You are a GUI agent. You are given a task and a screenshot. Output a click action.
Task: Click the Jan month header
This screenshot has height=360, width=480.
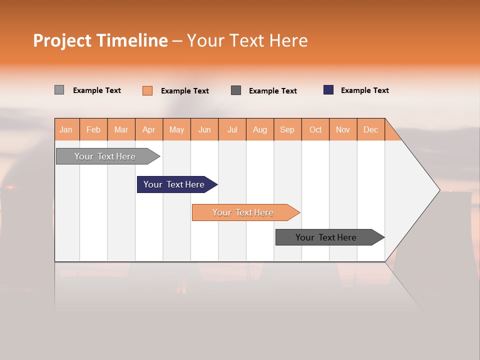[x=66, y=129]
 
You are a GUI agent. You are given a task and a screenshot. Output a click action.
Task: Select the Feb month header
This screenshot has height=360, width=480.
[x=93, y=129]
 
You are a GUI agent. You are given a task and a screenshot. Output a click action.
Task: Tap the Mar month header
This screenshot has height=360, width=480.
[x=121, y=129]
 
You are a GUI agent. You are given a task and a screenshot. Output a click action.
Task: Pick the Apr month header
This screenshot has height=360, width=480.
[x=149, y=129]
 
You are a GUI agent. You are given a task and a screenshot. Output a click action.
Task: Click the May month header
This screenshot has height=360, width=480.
[x=176, y=129]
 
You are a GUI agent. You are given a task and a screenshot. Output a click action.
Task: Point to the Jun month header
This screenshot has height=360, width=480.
[x=204, y=129]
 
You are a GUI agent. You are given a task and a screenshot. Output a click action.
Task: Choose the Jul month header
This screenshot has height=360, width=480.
[x=232, y=129]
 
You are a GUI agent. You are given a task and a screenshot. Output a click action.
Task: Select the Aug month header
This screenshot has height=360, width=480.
[x=260, y=129]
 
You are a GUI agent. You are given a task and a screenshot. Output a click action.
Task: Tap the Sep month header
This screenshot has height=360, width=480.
[x=287, y=129]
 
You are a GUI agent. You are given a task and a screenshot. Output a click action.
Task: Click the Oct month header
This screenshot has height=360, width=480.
[x=315, y=129]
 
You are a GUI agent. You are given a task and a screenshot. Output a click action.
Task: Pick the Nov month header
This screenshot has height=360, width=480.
[x=343, y=129]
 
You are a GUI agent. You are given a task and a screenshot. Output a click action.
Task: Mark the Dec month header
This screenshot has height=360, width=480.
[x=371, y=129]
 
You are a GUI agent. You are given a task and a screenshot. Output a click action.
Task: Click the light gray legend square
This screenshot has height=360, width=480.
[x=59, y=90]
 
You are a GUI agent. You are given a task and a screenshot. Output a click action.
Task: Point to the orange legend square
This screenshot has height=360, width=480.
[x=147, y=90]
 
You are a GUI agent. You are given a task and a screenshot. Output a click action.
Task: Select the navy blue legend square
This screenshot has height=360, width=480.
[x=328, y=90]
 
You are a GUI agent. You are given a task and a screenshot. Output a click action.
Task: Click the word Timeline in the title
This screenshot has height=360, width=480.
[x=132, y=40]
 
